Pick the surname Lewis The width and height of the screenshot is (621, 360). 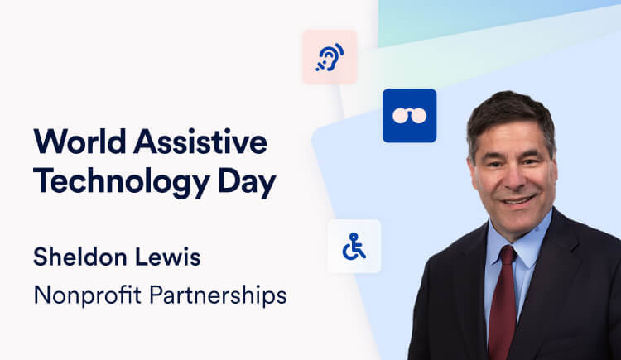tap(172, 257)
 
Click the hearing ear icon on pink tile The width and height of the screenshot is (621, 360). tap(330, 57)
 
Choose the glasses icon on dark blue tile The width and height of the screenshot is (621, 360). tap(409, 115)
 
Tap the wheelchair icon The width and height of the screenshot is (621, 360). tap(354, 246)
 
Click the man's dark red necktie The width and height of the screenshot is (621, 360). tap(501, 306)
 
